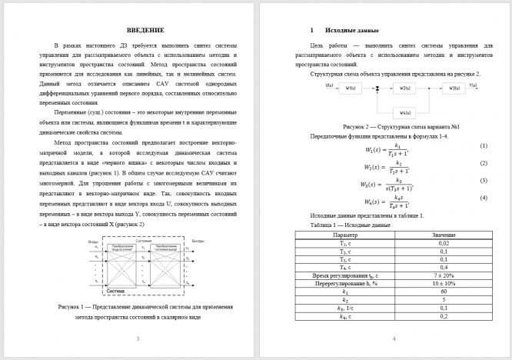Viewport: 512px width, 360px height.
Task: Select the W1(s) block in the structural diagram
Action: [x=351, y=88]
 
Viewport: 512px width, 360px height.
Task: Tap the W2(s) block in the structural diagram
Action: [x=405, y=88]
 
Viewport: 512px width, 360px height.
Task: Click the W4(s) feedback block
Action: [x=405, y=112]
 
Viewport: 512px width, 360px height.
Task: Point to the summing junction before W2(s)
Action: [x=377, y=88]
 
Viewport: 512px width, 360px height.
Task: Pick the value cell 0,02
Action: [x=444, y=243]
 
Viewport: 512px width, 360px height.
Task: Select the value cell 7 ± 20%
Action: [x=444, y=275]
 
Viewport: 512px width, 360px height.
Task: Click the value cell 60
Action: [x=444, y=292]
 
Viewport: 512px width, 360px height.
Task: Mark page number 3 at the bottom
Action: [x=137, y=338]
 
